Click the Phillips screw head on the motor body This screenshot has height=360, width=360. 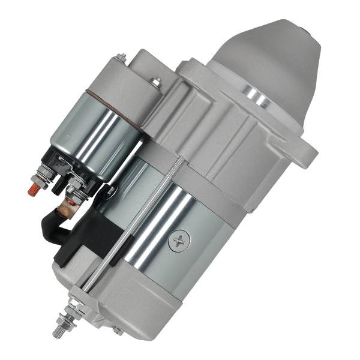[179, 242]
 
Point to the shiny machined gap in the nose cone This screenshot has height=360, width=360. [257, 95]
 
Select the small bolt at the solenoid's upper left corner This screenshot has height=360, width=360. [122, 58]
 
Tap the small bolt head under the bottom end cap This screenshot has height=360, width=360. [118, 331]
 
